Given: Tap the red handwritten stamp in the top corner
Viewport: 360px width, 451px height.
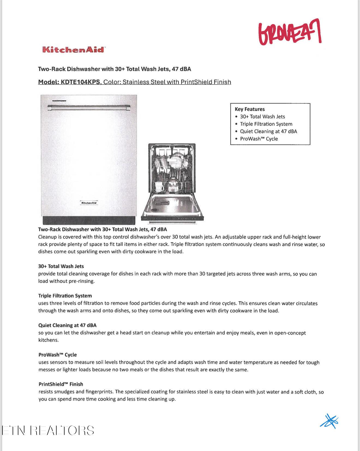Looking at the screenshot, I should [290, 32].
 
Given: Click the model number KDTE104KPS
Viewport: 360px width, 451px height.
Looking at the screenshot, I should [80, 82].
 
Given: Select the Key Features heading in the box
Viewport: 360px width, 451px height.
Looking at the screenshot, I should [250, 109].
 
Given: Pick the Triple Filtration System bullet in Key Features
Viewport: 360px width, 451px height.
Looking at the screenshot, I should [266, 124].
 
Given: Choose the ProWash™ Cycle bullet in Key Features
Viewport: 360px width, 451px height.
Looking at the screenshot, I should [259, 139].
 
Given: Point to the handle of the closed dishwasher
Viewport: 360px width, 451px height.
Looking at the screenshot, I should [89, 108].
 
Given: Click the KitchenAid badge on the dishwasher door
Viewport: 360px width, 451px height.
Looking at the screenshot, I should [89, 203].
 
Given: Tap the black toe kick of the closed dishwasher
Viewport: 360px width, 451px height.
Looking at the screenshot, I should [89, 220].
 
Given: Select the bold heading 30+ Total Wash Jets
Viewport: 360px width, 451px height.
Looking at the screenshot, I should [61, 266].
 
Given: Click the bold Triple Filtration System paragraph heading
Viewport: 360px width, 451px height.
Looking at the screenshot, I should [65, 296].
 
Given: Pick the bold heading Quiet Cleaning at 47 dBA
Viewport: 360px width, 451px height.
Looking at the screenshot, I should [67, 325].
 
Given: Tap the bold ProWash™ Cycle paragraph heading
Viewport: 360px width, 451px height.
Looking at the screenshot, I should [58, 355].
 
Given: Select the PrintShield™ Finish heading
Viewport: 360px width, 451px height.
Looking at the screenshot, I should [61, 384].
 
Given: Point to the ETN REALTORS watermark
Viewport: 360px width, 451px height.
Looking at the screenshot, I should [48, 431].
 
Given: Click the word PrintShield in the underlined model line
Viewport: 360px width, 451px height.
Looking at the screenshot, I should [196, 82].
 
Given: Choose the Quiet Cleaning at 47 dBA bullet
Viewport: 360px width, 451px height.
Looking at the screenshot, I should [268, 131].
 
